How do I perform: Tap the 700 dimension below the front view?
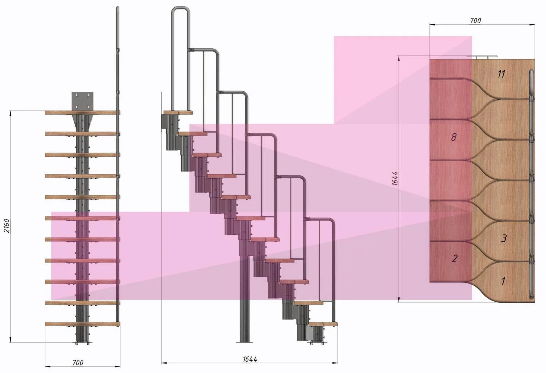[78, 362]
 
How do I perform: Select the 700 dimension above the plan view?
[475, 21]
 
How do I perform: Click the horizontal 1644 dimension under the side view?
[250, 359]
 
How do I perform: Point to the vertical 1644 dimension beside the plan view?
[395, 179]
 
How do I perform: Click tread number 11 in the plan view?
[501, 74]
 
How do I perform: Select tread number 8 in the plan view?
[454, 137]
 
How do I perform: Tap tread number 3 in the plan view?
[504, 238]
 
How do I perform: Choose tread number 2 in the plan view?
[455, 259]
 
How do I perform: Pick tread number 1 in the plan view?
[503, 281]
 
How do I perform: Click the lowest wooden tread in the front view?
[83, 324]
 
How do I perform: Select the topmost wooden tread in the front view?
[83, 113]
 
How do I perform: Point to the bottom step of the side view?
[323, 324]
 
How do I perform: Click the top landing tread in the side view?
[178, 113]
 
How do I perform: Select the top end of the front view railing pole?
[118, 9]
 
